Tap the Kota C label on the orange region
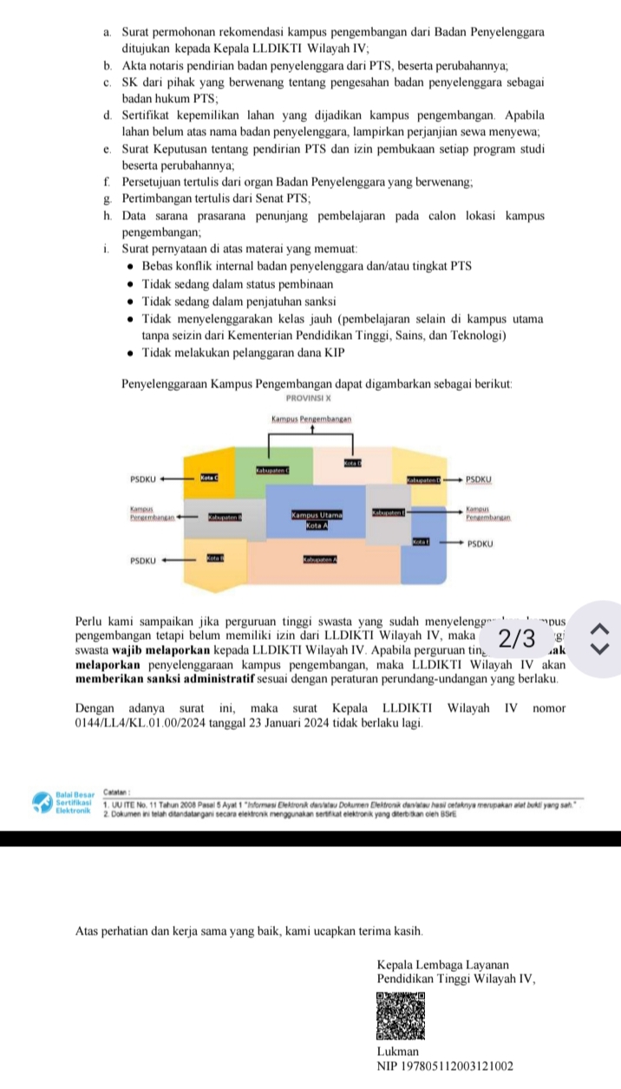pos(211,477)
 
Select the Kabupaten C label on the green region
pos(271,470)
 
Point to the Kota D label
pos(352,465)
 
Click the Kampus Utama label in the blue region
pos(317,515)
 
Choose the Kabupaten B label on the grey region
pos(224,518)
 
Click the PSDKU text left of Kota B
pos(142,560)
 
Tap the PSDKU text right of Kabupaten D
pos(478,478)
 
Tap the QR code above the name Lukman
pos(402,1014)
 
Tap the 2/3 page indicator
pos(519,640)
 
